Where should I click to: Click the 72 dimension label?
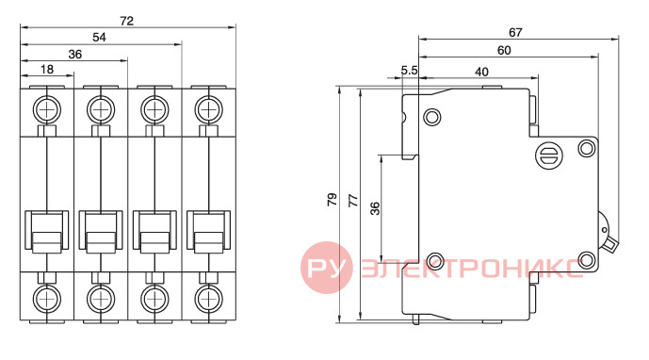[x=126, y=21]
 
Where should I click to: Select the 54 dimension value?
[x=99, y=38]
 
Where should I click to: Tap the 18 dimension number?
[x=47, y=69]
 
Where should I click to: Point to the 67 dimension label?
[x=515, y=32]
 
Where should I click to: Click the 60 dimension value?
[x=504, y=50]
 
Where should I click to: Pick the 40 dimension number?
[x=481, y=72]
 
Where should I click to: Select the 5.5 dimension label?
[x=409, y=71]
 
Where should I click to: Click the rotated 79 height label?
[x=332, y=200]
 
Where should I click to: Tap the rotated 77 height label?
[x=353, y=201]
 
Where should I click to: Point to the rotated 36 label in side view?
[x=375, y=208]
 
